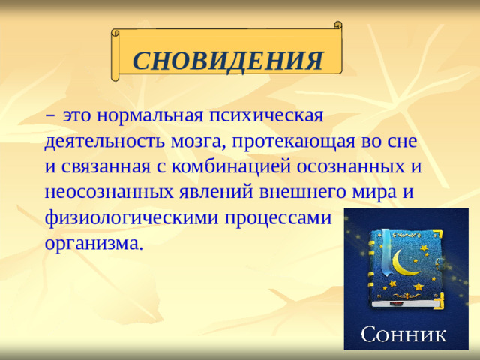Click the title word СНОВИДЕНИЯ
(x=228, y=61)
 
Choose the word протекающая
(x=292, y=141)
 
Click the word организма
(x=92, y=243)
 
